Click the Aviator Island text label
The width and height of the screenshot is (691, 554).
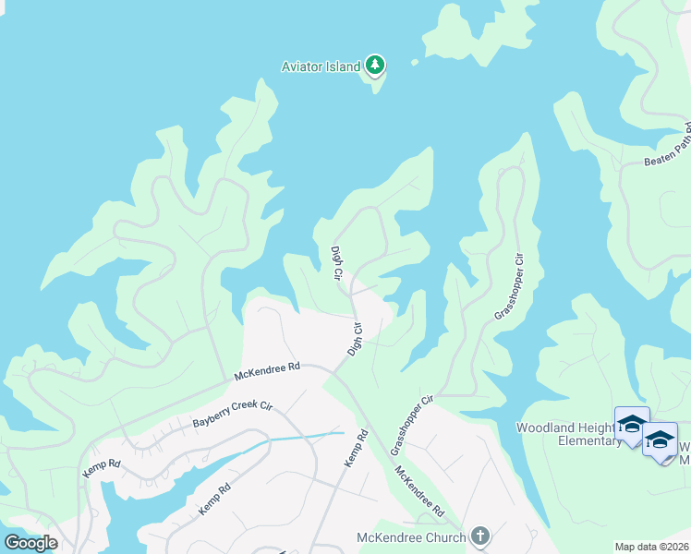[321, 66]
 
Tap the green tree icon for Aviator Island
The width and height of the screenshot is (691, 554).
[374, 65]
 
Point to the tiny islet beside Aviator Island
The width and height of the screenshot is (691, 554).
[414, 63]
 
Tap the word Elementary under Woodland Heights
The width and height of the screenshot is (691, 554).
[569, 440]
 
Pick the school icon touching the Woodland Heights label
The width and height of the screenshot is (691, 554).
[632, 424]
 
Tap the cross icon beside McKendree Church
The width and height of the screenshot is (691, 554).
[479, 536]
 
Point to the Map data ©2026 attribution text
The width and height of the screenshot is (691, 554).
[651, 547]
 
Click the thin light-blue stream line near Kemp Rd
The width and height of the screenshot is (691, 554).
[305, 436]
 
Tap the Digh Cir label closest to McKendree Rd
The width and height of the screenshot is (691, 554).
[356, 339]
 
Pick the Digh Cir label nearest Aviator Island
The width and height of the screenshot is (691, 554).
[337, 264]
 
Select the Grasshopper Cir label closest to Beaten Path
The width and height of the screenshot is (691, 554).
[509, 285]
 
